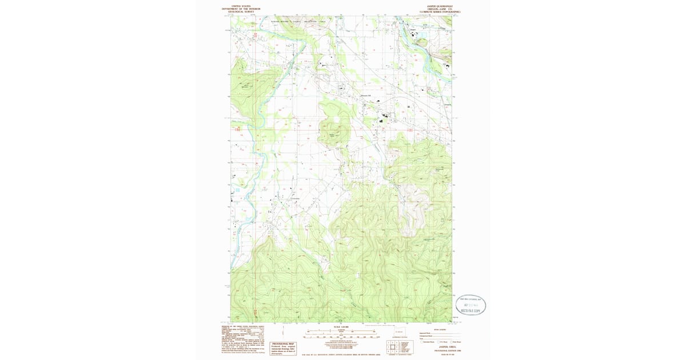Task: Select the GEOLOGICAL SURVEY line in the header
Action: click(x=240, y=12)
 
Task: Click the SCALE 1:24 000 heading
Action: click(x=341, y=327)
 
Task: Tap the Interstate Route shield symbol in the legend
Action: click(x=421, y=342)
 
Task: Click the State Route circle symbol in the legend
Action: click(x=452, y=342)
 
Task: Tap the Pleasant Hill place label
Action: click(x=365, y=95)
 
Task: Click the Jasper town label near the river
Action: click(x=420, y=30)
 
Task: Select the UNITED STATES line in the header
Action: click(x=240, y=6)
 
